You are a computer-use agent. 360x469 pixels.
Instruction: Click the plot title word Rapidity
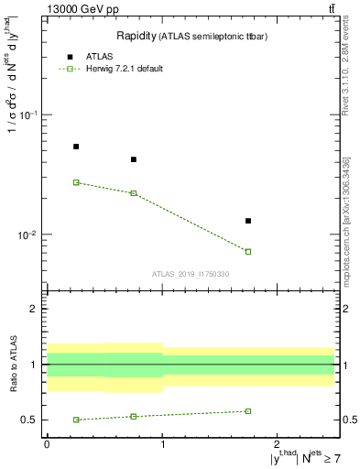click(x=136, y=36)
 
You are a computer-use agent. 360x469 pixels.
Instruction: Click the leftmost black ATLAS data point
click(x=76, y=147)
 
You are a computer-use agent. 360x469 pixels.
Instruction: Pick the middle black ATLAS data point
click(x=134, y=159)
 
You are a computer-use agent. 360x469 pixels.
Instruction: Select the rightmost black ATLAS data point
click(x=248, y=221)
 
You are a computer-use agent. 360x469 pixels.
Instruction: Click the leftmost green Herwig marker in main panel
click(x=76, y=182)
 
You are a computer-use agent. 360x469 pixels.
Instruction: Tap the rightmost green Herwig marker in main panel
click(x=248, y=251)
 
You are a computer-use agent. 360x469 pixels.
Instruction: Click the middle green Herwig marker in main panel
click(x=134, y=193)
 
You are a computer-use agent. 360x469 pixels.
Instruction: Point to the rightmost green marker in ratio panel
click(x=248, y=411)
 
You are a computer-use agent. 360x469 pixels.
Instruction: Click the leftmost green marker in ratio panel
click(x=76, y=420)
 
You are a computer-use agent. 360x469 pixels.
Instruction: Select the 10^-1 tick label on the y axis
click(x=28, y=115)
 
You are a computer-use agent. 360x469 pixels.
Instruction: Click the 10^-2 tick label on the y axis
click(x=28, y=234)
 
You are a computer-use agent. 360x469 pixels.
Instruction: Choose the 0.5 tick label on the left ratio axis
click(x=28, y=420)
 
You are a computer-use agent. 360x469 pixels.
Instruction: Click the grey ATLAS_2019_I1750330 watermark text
click(x=191, y=274)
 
